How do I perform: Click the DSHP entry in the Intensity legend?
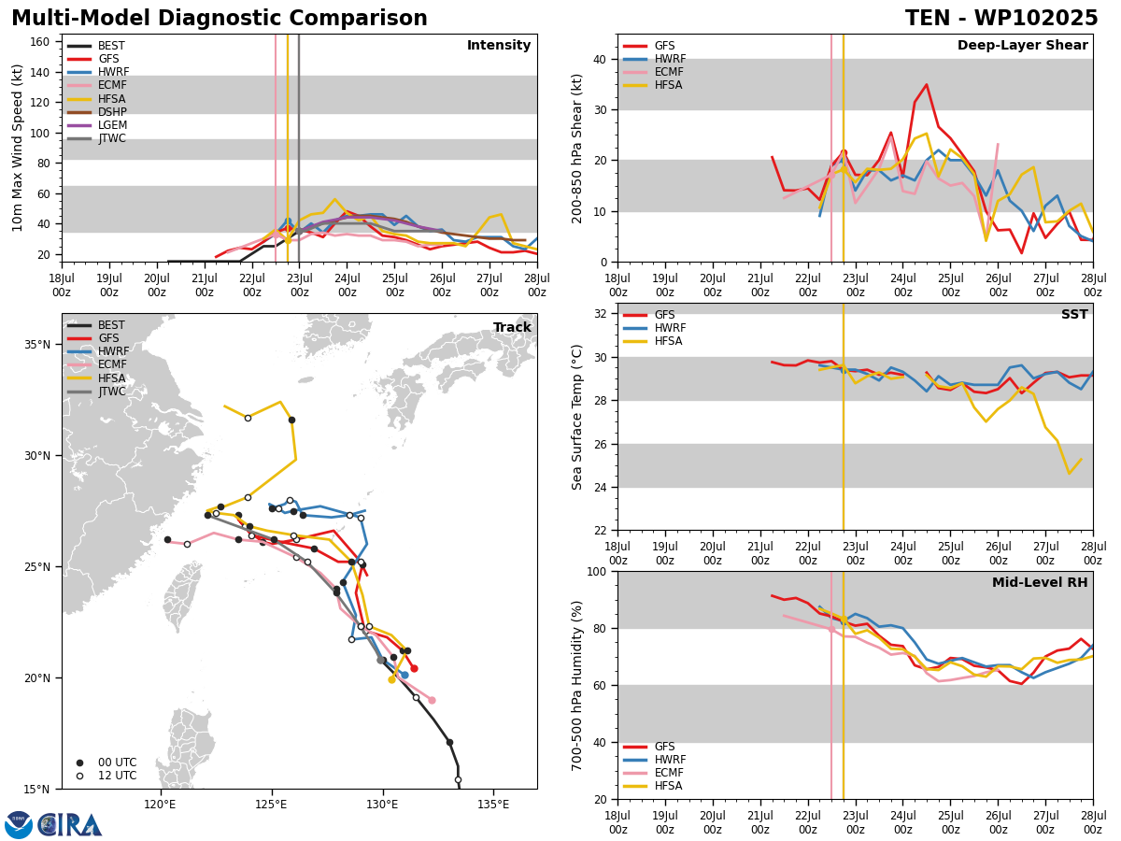click(96, 112)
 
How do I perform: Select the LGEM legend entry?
click(96, 125)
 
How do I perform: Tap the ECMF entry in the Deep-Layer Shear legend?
click(653, 72)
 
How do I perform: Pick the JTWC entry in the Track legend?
click(96, 392)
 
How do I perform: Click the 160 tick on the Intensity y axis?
click(40, 42)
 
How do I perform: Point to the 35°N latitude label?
click(37, 345)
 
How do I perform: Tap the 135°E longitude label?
click(493, 805)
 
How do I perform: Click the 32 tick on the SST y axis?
click(600, 314)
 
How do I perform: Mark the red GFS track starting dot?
click(414, 669)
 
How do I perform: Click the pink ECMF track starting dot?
click(433, 701)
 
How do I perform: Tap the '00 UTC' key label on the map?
click(118, 763)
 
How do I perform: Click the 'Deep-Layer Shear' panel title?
click(1022, 46)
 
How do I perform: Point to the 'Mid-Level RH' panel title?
click(1040, 582)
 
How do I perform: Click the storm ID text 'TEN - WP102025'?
click(1001, 19)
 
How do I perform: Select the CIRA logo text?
click(69, 825)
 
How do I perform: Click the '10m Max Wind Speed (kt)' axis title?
click(17, 148)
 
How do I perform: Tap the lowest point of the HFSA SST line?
click(1069, 474)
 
